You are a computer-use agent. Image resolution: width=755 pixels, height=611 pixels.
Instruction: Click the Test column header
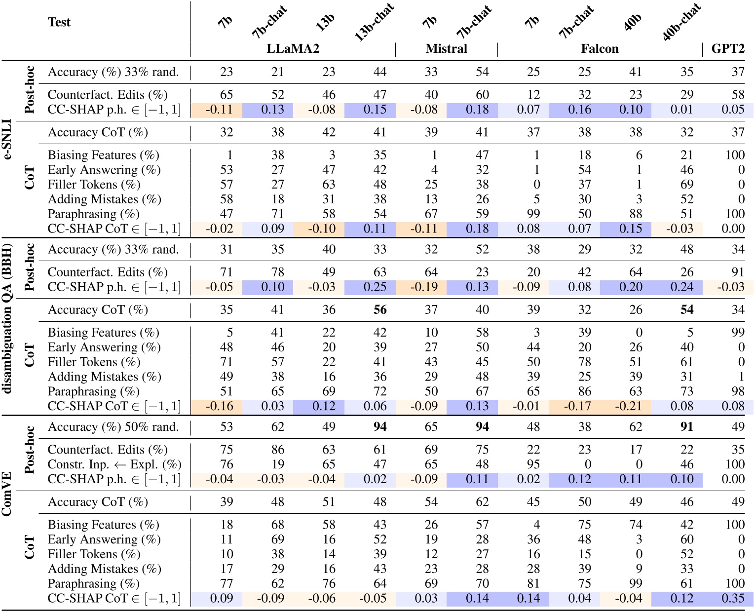pos(59,22)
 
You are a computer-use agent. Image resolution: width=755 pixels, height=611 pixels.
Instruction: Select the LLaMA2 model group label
pos(293,48)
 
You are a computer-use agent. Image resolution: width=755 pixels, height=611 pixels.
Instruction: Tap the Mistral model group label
pos(446,48)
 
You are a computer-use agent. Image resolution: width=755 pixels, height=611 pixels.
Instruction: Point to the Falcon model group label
pos(600,48)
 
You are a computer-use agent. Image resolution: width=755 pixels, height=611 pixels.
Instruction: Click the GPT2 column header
pos(727,48)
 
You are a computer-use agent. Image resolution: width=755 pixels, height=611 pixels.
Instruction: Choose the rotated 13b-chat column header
pos(374,23)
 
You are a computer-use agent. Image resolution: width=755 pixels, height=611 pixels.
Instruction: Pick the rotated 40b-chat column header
pos(681,23)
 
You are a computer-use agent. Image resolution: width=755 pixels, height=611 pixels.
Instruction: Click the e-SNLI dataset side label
pos(8,139)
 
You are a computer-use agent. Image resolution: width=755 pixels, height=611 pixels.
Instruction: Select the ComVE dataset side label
pos(8,494)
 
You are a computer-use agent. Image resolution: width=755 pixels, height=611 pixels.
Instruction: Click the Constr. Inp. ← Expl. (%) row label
pos(114,464)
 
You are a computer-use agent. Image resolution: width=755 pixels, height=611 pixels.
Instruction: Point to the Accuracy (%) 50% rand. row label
pos(113,427)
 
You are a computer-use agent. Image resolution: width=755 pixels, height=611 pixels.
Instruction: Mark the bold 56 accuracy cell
pos(380,310)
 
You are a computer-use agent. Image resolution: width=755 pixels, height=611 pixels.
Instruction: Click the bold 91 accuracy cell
pos(687,427)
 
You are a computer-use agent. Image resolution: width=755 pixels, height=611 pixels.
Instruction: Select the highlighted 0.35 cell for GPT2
pos(733,598)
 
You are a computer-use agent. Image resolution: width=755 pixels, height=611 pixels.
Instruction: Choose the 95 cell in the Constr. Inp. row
pos(533,464)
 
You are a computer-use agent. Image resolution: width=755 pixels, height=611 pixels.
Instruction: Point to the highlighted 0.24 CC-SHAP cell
pos(682,287)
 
